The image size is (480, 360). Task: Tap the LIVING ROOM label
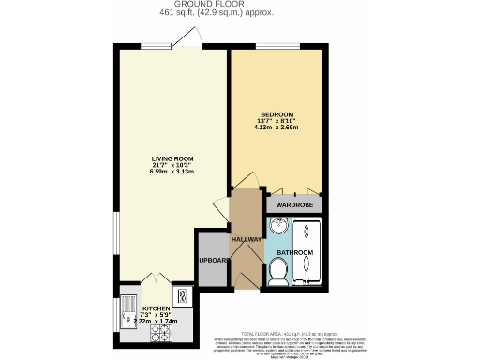coord(171,158)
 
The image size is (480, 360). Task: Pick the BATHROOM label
coord(295,253)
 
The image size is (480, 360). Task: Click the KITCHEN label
coord(157,307)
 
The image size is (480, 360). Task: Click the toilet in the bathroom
coord(277,271)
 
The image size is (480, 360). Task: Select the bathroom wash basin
coord(278,229)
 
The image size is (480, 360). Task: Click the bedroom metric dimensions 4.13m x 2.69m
coord(278,128)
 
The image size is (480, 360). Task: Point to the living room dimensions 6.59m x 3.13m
coord(171,173)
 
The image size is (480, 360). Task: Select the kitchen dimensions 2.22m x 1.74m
coord(157,322)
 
